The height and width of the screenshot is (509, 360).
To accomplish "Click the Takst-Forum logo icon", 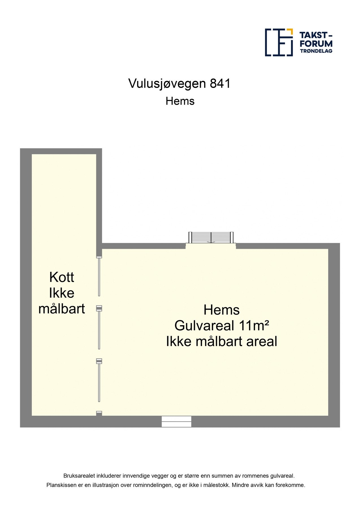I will (x=279, y=42).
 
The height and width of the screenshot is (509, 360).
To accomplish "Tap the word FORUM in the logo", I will (x=316, y=44).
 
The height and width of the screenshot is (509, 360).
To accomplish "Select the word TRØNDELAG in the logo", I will (x=316, y=51).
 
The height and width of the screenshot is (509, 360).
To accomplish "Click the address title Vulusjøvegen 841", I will (x=180, y=84).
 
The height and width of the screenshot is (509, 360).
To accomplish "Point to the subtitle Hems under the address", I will (x=180, y=101).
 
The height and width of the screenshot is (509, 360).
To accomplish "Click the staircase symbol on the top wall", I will (x=211, y=238).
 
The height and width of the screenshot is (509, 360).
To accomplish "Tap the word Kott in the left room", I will (x=62, y=277).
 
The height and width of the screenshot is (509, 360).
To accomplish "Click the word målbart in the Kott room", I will (x=62, y=309).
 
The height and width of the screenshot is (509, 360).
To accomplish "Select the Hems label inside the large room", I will (x=221, y=310).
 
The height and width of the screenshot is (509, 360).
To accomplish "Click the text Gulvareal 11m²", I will (x=221, y=326).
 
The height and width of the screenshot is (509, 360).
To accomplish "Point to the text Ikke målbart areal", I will (x=221, y=342).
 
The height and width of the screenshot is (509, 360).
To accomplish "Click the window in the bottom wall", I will (x=176, y=421).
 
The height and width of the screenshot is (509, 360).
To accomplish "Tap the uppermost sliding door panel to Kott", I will (x=99, y=277).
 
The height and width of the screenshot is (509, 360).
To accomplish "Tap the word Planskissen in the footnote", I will (x=61, y=485).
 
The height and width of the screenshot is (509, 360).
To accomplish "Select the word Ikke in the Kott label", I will (x=62, y=293).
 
